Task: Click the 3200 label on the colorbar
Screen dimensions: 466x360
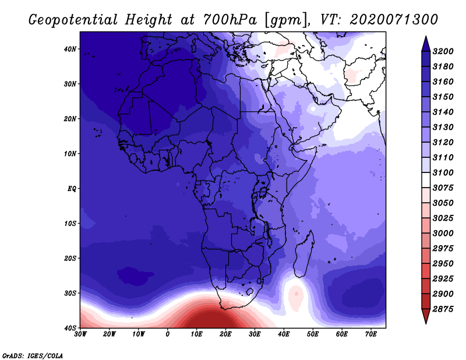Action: pos(443,51)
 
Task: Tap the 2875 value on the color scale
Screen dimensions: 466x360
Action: pos(443,309)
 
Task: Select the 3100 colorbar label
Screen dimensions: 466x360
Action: pos(443,172)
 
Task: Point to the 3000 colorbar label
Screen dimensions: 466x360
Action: pos(443,233)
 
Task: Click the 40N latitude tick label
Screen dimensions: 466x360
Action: pos(69,49)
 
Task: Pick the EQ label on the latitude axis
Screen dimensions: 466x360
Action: pos(72,189)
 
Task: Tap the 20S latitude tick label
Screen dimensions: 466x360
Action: pos(69,258)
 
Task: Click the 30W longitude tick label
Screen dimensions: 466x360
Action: pos(80,334)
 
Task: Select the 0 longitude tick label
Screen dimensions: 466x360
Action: pos(168,334)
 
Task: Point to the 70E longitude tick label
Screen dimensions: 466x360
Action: pos(371,334)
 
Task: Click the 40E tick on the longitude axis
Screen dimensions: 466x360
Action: pos(284,334)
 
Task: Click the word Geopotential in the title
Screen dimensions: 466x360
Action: pos(73,20)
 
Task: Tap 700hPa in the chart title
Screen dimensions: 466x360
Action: pos(230,20)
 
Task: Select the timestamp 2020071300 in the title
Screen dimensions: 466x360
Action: pos(394,20)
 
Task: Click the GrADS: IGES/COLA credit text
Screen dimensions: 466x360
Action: pos(33,355)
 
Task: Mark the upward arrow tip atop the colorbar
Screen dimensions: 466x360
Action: pos(426,36)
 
